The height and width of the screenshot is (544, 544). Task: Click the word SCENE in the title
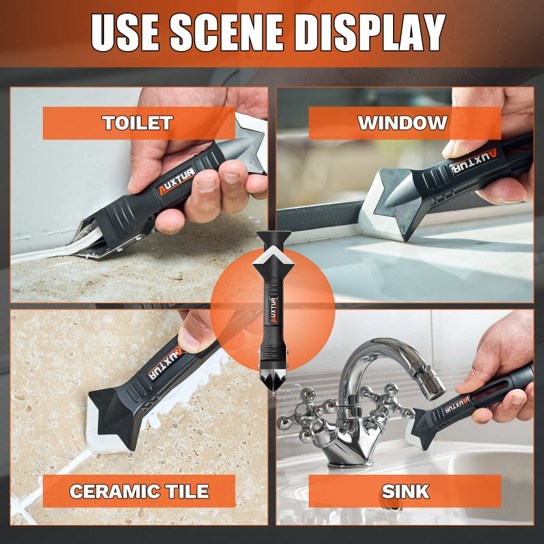[x=227, y=33]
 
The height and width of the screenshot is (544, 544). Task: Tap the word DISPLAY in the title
[x=370, y=33]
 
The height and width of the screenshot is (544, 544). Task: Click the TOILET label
[x=137, y=123]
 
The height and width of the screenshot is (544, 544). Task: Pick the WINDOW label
[x=403, y=123]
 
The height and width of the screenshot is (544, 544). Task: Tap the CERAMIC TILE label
[x=139, y=491]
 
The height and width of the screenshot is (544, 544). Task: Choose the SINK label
[x=405, y=491]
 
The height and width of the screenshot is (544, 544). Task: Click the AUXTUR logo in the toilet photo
[x=177, y=181]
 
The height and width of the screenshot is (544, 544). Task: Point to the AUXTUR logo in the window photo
[x=473, y=161]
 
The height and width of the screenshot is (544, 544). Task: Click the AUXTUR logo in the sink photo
[x=456, y=405]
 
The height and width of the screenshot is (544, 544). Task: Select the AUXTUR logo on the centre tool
[x=273, y=309]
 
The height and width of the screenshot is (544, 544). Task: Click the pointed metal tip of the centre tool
[x=273, y=386]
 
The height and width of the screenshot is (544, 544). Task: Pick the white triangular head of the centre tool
[x=274, y=252]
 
